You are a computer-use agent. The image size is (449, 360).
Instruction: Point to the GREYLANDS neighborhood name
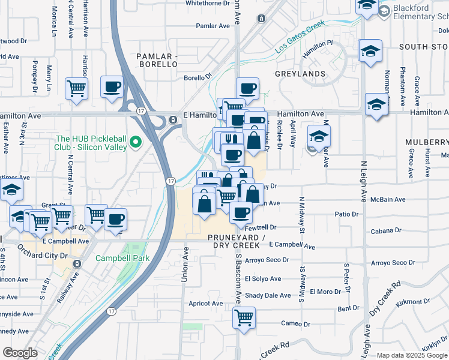point(300,74)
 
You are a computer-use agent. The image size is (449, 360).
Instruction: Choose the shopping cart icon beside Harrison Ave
point(77,89)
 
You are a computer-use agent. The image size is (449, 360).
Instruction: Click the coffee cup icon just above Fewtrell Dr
point(241,212)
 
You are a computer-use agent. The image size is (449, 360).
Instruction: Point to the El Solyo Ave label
point(263,279)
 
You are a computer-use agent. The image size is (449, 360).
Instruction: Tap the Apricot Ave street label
point(206,304)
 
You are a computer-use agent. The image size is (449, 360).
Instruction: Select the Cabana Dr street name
point(386,230)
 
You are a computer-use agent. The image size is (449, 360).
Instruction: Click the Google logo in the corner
point(20,353)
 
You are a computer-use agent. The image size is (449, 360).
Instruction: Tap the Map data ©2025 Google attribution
point(412,355)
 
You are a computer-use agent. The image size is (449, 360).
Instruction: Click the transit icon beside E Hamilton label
point(173,119)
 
